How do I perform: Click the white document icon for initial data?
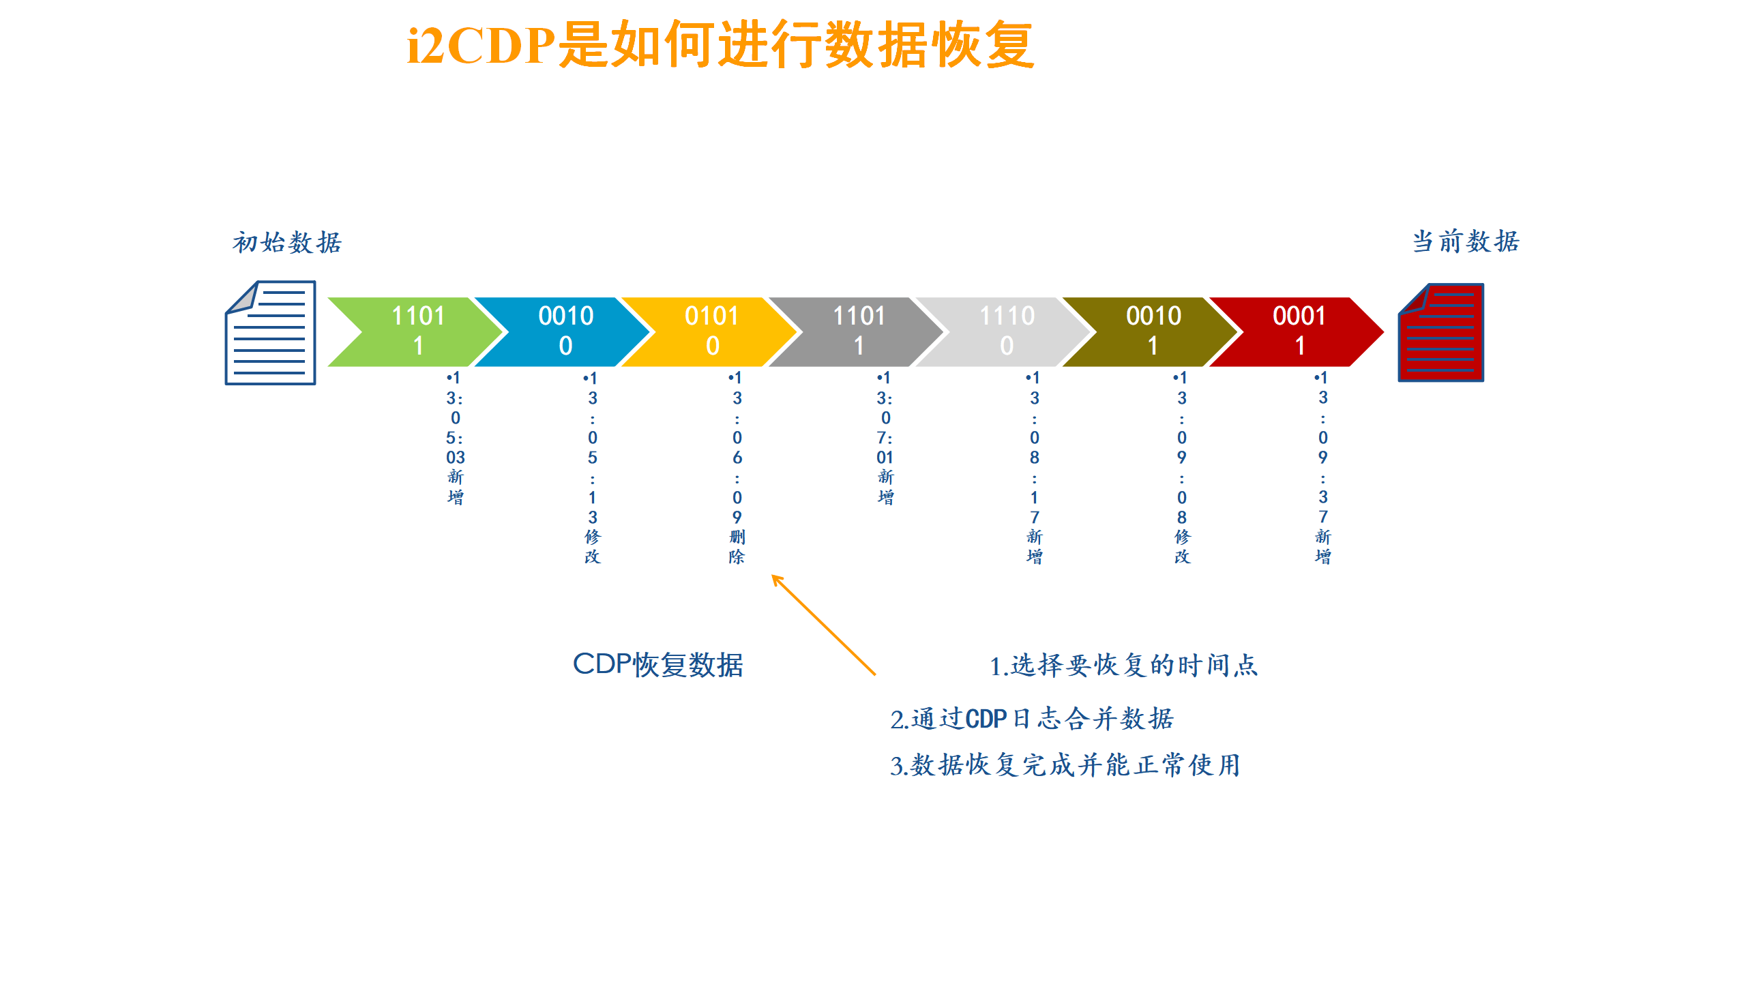271,333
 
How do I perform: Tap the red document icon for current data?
1441,333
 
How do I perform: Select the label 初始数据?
287,243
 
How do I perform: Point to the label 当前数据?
1466,241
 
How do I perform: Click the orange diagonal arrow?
823,625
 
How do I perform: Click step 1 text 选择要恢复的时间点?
1123,666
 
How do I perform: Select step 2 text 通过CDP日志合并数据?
1032,719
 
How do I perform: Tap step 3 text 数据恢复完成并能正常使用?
1065,765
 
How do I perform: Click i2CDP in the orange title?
481,46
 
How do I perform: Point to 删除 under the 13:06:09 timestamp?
737,547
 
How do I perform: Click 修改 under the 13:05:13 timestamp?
592,547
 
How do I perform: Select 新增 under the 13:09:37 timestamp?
1322,547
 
